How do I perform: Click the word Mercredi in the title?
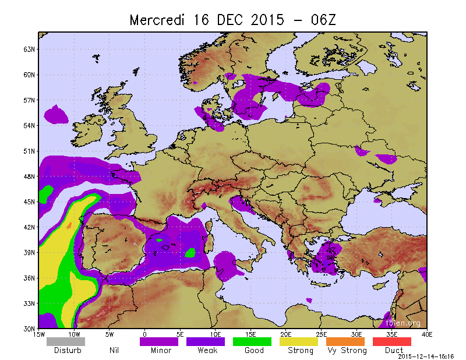155,20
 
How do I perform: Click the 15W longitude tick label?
39,334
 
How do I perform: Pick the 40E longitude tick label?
427,334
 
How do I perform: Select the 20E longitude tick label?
286,334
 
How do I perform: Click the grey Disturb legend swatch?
66,342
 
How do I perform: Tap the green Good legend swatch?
252,342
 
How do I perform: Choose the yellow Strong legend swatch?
299,342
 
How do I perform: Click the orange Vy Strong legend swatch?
345,342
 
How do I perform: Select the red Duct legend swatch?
392,342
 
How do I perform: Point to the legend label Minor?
160,351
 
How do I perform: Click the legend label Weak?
207,351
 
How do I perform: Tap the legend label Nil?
114,351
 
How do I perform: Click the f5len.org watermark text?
403,323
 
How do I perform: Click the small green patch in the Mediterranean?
190,253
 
